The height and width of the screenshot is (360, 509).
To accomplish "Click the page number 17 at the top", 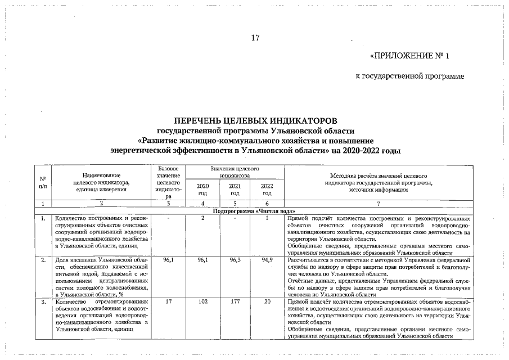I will tap(255, 38).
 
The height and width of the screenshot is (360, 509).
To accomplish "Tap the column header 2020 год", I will tap(202, 189).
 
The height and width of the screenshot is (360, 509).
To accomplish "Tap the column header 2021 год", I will tap(235, 189).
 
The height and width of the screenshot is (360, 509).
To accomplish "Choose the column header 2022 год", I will tap(267, 189).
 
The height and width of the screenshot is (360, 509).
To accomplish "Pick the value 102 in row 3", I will tap(202, 302).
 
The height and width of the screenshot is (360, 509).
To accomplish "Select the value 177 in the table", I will tap(235, 302).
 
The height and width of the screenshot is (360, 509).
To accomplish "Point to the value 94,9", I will tap(267, 260).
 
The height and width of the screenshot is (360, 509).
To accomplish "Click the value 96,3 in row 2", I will tap(235, 260).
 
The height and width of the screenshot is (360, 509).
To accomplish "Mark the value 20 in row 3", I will tap(267, 302).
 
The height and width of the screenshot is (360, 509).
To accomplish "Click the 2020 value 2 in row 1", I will tap(202, 217).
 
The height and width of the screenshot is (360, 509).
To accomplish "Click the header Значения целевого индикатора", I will tap(235, 172).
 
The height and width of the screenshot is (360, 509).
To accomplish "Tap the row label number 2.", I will tap(43, 260).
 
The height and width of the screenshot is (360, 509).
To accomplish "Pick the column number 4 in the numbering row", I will tap(202, 203).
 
